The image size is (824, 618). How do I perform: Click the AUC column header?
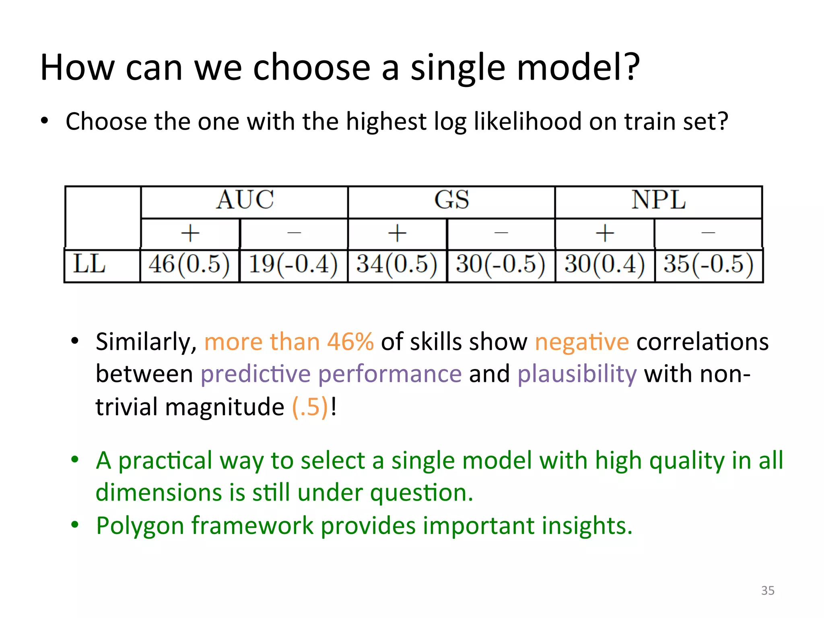pyautogui.click(x=245, y=200)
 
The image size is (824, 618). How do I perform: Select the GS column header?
pyautogui.click(x=451, y=200)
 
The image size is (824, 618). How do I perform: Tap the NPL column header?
pyautogui.click(x=658, y=200)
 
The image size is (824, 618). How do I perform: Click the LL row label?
pyautogui.click(x=89, y=265)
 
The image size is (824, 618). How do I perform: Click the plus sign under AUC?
pyautogui.click(x=190, y=233)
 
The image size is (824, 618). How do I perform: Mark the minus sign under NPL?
pyautogui.click(x=708, y=233)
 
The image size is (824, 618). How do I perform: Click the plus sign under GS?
pyautogui.click(x=397, y=233)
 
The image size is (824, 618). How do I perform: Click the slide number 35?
pyautogui.click(x=768, y=591)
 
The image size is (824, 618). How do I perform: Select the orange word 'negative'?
pyautogui.click(x=581, y=342)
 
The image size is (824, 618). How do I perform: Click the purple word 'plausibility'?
pyautogui.click(x=577, y=374)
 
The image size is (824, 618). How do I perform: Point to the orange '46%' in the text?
pyautogui.click(x=350, y=342)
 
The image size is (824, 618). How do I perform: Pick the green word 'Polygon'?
pyautogui.click(x=140, y=526)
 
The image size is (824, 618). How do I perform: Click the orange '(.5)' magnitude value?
pyautogui.click(x=310, y=407)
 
